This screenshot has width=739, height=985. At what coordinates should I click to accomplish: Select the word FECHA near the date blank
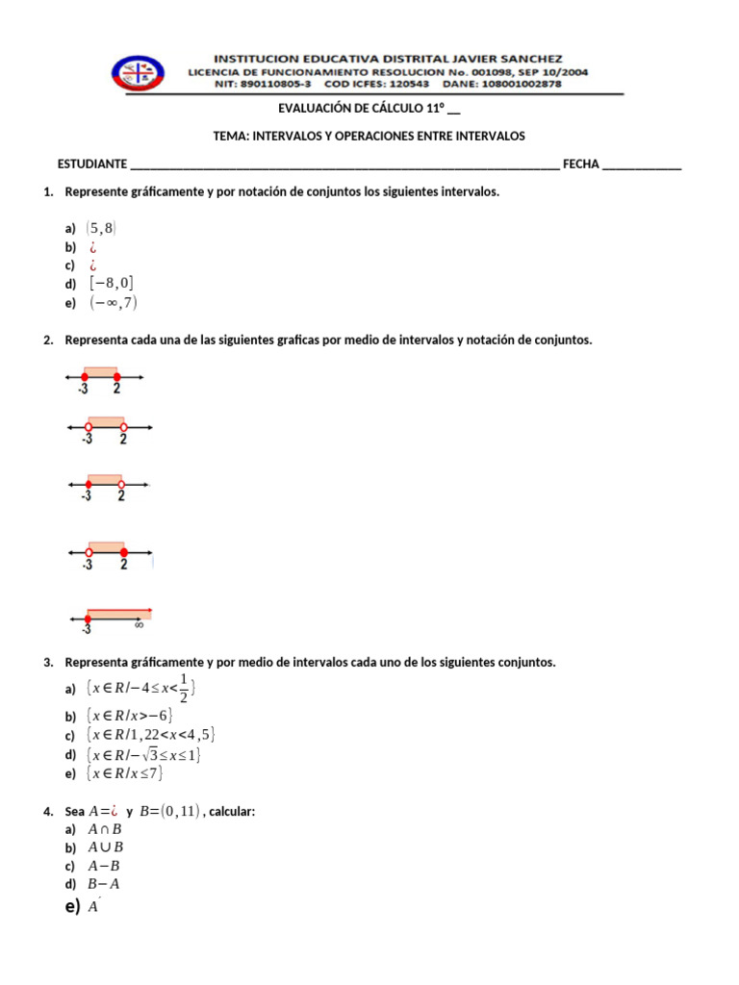click(580, 164)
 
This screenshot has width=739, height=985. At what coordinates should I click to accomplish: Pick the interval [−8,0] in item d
click(112, 283)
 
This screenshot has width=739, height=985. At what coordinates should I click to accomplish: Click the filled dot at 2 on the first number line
click(116, 378)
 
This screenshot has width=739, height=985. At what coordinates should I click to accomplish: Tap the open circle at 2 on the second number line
click(123, 427)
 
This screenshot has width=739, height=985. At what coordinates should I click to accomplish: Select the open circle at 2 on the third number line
click(121, 484)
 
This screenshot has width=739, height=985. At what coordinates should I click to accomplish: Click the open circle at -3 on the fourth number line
click(89, 553)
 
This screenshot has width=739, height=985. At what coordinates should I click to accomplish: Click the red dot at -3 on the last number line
click(88, 619)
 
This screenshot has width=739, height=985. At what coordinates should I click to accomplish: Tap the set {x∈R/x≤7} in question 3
click(125, 773)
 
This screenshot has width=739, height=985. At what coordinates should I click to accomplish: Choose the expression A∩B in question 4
click(105, 829)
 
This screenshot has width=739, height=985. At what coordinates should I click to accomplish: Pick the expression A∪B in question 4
click(105, 847)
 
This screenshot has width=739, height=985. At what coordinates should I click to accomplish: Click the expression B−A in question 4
click(104, 884)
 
